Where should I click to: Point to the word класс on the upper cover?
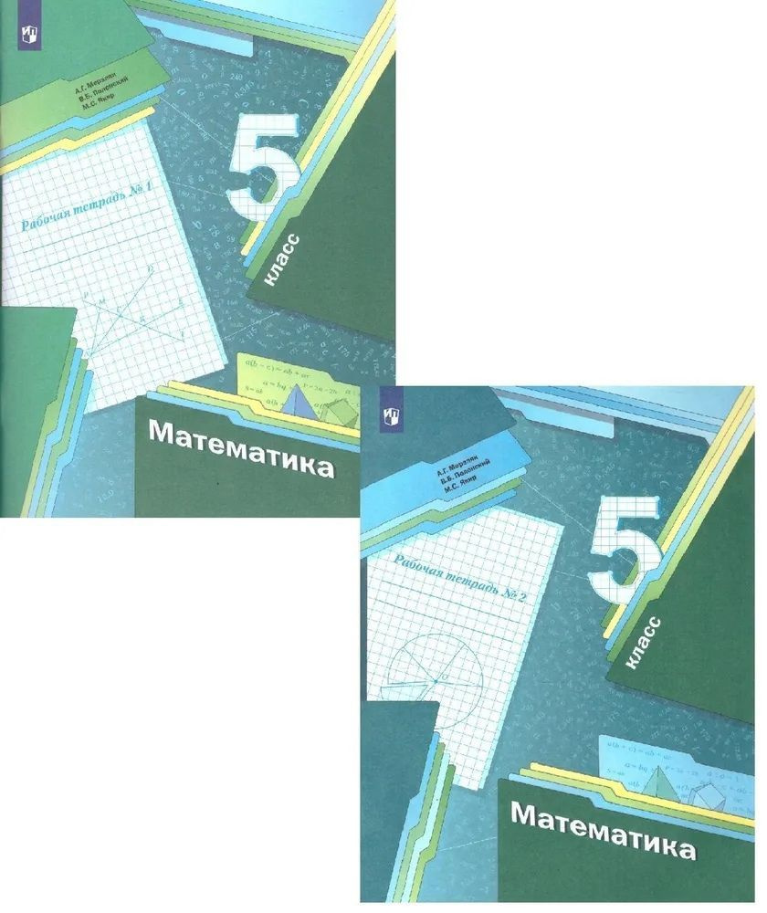point(282,259)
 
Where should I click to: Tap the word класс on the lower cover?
point(645,644)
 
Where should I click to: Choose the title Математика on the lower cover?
point(603,831)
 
